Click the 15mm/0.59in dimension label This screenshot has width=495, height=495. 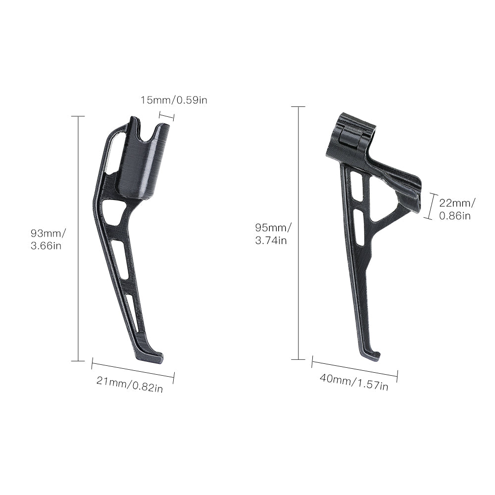[174, 100]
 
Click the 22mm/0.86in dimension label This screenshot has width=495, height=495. [456, 208]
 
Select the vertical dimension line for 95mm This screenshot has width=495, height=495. [298, 233]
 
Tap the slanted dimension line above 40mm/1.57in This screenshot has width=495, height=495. [354, 369]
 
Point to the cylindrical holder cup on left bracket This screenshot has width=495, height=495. [143, 168]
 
